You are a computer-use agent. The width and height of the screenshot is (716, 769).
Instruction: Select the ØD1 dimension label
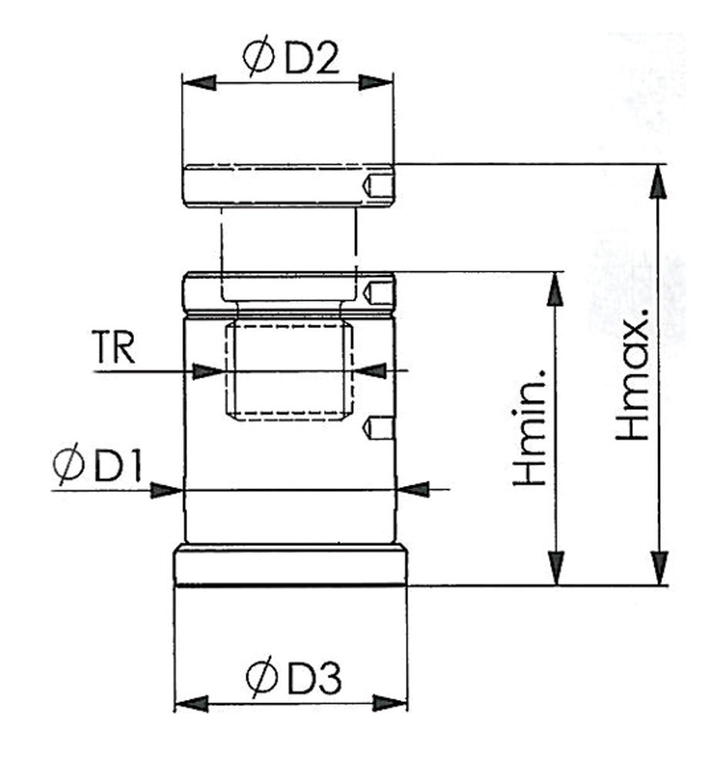tap(97, 464)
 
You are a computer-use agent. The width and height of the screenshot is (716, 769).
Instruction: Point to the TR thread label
tap(113, 347)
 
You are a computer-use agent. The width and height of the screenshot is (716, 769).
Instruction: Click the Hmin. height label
tap(529, 427)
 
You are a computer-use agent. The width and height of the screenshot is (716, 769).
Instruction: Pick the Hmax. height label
tap(633, 375)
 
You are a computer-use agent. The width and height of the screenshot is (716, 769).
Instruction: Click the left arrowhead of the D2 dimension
tap(199, 82)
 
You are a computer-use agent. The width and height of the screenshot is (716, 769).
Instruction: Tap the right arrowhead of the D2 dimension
tap(376, 82)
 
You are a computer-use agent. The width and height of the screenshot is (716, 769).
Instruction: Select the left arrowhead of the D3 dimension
tap(192, 704)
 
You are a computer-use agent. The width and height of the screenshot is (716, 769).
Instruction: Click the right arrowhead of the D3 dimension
tap(390, 704)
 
